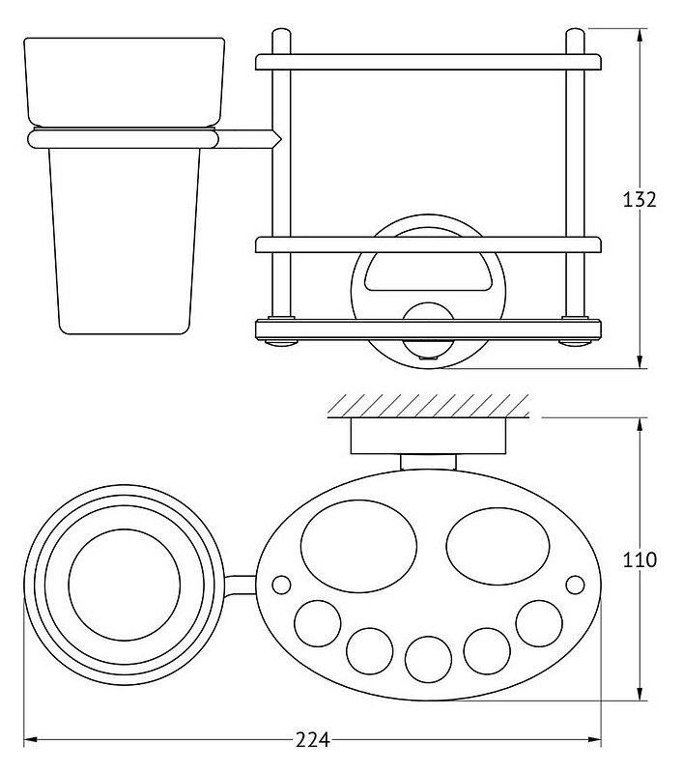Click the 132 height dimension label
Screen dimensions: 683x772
(640, 200)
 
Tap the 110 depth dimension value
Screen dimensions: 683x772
(640, 559)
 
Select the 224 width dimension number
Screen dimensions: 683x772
(312, 740)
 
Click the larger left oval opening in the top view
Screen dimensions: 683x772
(358, 546)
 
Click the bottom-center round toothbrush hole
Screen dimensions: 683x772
(428, 659)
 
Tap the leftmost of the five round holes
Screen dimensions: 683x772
(318, 623)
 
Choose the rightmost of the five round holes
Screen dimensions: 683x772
(539, 623)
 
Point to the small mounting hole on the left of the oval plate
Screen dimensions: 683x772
(281, 584)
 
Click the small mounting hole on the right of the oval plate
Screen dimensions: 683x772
(575, 585)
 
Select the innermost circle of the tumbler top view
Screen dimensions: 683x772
(125, 585)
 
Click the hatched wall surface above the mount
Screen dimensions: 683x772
(428, 406)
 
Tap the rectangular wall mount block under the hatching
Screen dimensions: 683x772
(428, 436)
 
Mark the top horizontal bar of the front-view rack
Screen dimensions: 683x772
(428, 62)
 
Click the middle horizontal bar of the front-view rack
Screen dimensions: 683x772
(428, 245)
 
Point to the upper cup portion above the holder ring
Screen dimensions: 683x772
(124, 83)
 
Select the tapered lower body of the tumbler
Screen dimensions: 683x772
(124, 242)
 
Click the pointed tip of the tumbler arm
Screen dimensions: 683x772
(281, 139)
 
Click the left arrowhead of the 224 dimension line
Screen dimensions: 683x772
(30, 739)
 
